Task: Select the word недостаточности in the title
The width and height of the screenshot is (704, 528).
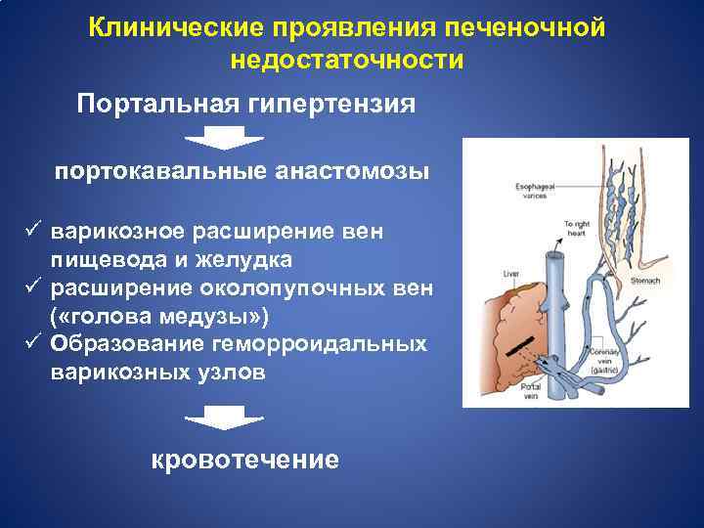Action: click(347, 60)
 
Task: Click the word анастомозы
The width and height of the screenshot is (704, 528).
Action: click(350, 172)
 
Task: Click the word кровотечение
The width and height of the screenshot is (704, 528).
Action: click(245, 460)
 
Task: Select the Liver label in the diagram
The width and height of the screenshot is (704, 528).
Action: click(509, 275)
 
